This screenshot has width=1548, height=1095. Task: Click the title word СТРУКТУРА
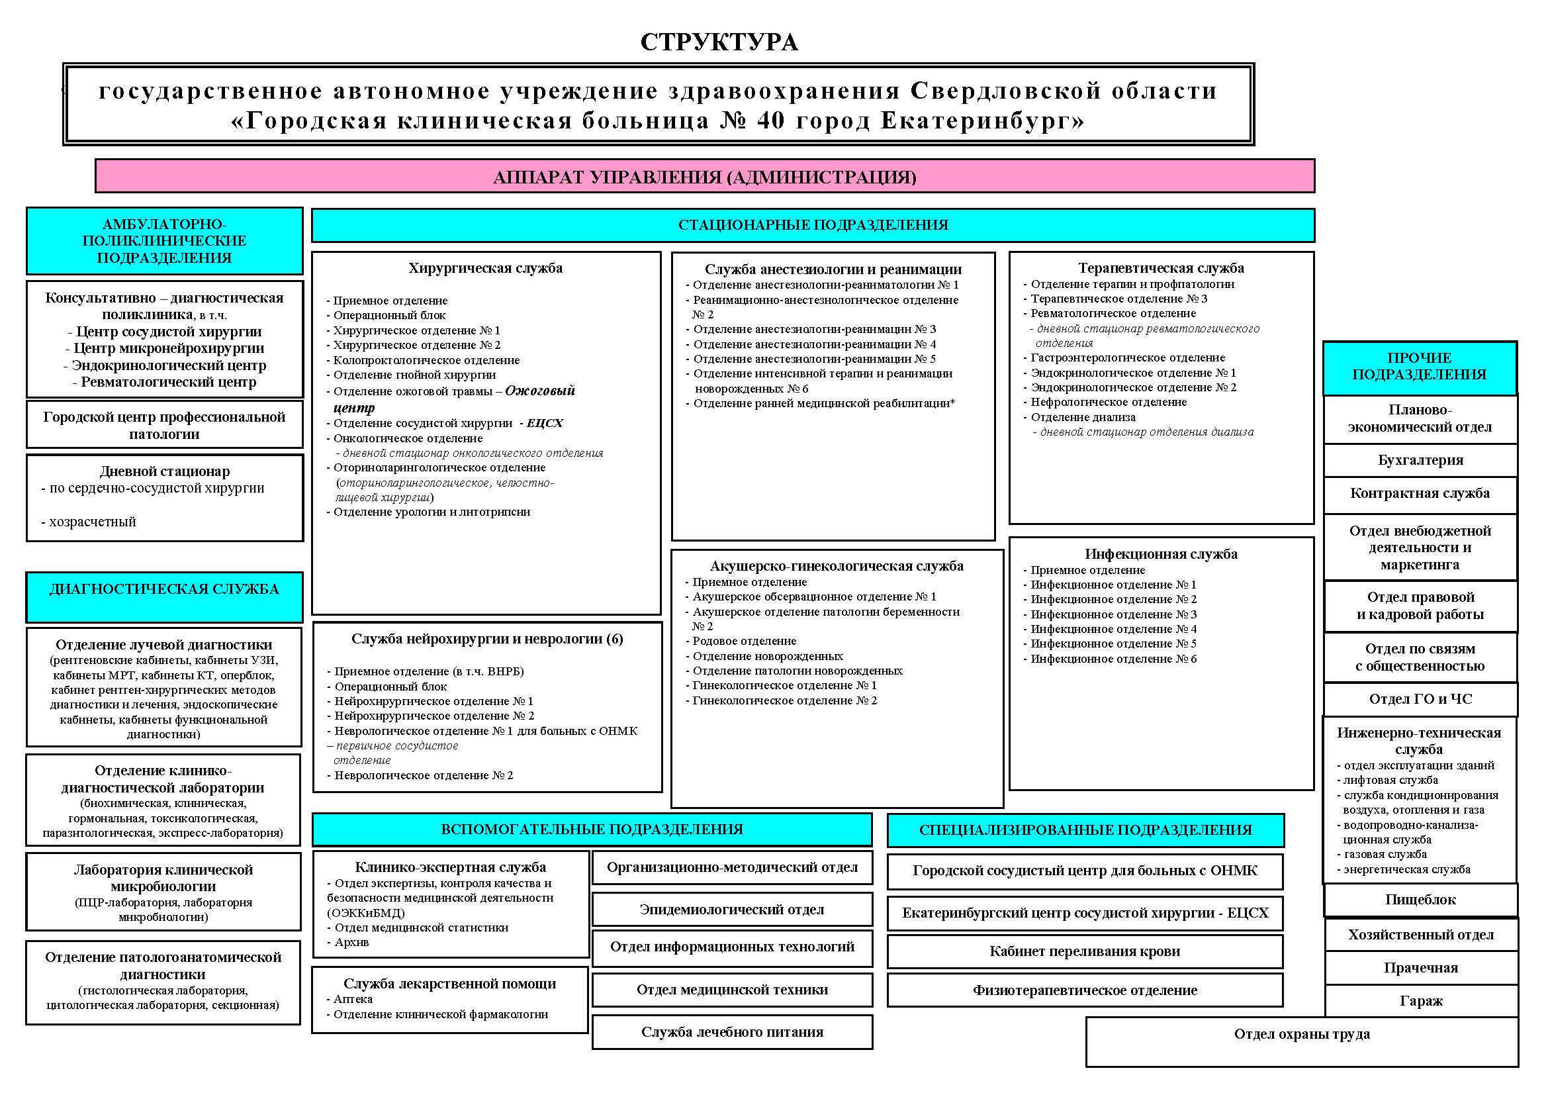[x=719, y=42]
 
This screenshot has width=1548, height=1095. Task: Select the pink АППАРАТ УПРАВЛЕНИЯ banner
[x=705, y=177]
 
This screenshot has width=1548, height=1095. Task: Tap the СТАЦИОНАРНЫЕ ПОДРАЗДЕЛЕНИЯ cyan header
[x=813, y=225]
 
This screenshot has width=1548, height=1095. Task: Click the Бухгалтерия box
[x=1420, y=461]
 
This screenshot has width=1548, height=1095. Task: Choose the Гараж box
[x=1420, y=1000]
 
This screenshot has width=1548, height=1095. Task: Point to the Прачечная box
[x=1420, y=968]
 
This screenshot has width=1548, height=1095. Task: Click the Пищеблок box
[x=1420, y=900]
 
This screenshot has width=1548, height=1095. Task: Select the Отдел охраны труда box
[x=1301, y=1034]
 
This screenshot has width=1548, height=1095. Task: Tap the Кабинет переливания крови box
[x=1084, y=951]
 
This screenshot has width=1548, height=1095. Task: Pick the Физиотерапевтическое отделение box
[x=1084, y=990]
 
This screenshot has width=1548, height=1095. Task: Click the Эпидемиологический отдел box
[x=731, y=910]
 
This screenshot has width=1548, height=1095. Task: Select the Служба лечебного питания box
[x=731, y=1031]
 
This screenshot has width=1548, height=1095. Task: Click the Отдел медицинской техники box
[x=731, y=990]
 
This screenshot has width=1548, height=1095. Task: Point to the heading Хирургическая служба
[x=484, y=268]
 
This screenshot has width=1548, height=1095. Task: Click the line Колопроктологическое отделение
[x=426, y=360]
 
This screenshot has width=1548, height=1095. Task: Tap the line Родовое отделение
[x=744, y=642]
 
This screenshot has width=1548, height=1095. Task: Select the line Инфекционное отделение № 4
[x=1113, y=629]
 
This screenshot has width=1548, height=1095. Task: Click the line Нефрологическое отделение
[x=1109, y=403]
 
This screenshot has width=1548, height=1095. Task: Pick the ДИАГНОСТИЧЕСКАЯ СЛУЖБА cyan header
[x=164, y=589]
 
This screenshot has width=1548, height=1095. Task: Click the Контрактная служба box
[x=1420, y=494]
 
